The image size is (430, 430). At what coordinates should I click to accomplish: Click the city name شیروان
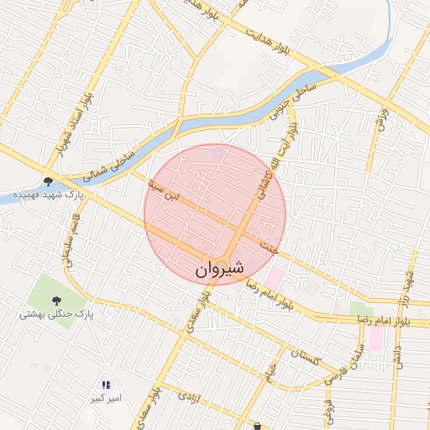coord(219,269)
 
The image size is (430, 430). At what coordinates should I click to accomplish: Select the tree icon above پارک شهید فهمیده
coord(48,181)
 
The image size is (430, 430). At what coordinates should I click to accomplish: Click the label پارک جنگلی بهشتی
coord(56,314)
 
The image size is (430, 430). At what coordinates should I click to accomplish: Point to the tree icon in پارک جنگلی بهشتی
coord(56,300)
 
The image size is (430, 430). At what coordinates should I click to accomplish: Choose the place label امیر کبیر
coord(107,398)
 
